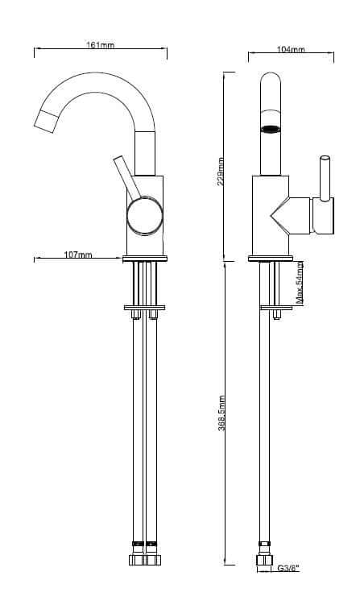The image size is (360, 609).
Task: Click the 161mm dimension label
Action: click(x=100, y=46)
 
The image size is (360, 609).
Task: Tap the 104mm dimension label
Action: click(x=290, y=50)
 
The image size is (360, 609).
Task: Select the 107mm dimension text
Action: click(x=78, y=255)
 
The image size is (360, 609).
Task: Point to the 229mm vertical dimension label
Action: click(x=221, y=170)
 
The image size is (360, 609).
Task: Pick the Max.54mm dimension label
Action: click(x=300, y=281)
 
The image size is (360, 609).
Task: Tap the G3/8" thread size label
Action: click(x=288, y=569)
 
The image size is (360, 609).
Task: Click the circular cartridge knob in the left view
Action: click(x=146, y=217)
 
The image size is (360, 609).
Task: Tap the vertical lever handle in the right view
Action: click(x=325, y=177)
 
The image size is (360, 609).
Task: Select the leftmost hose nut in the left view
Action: click(x=134, y=558)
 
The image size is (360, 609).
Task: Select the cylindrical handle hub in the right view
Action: click(x=321, y=216)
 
